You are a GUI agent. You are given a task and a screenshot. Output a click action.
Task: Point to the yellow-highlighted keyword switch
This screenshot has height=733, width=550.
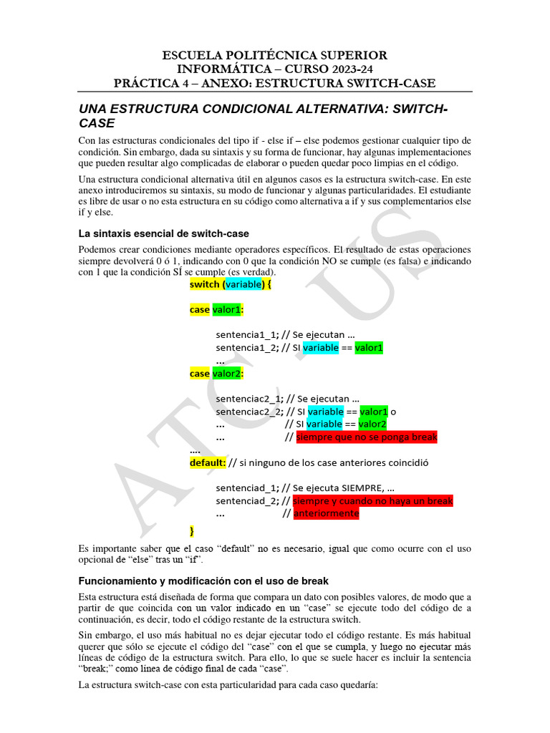pos(205,284)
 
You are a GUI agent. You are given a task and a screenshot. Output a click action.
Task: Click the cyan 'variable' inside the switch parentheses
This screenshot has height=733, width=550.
pos(244,284)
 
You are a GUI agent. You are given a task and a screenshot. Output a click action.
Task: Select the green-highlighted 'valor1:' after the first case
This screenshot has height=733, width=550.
pos(228,309)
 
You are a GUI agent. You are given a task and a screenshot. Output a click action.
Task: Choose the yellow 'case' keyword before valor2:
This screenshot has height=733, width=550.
pos(200,373)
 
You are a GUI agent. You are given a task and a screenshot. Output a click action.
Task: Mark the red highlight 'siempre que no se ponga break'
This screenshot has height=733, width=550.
pos(366,437)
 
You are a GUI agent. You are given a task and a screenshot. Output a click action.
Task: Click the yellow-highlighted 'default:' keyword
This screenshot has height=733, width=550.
pos(208,462)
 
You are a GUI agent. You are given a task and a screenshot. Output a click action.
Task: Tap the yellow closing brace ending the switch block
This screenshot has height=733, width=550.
pos(192,530)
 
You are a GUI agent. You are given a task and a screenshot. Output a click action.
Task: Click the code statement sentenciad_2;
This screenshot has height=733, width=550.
pos(247,501)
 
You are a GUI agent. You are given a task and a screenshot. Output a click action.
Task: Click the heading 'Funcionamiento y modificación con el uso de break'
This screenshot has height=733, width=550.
pos(203,581)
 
